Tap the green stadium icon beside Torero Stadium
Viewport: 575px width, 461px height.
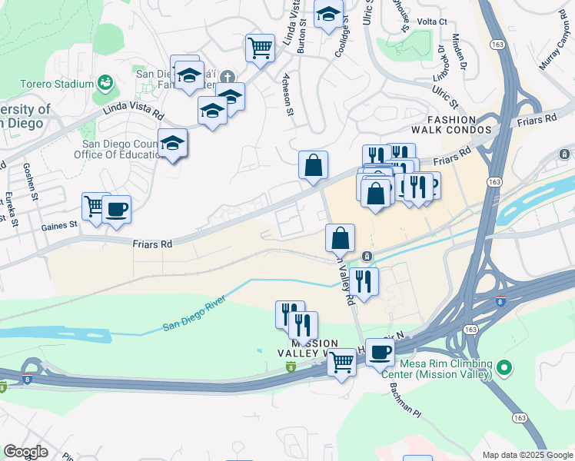pos(105,83)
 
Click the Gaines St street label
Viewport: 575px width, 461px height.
pos(59,225)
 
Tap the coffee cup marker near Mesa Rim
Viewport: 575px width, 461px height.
pos(380,353)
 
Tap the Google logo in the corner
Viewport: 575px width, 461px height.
pos(25,452)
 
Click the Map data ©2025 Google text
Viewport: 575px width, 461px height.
pos(527,455)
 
